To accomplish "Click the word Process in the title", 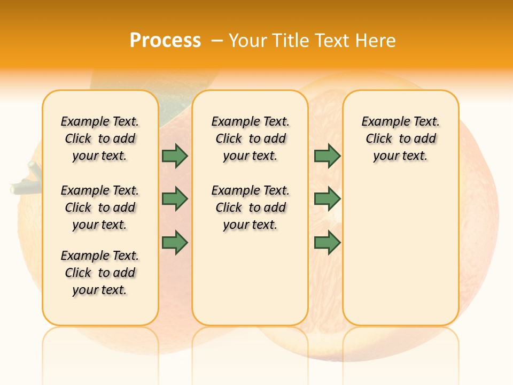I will (x=165, y=41).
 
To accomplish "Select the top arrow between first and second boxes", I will (x=175, y=156).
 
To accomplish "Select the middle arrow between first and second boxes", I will (x=175, y=199).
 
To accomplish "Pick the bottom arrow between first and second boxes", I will (x=175, y=243).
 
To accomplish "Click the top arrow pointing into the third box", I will (x=327, y=156).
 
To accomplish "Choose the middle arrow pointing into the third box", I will (x=327, y=199).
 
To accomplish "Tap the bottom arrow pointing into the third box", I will (x=327, y=243).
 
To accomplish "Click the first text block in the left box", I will (x=100, y=138).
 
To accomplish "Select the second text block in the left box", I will (x=100, y=207).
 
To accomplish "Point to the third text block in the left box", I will (x=100, y=273).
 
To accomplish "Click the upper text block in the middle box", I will (x=251, y=138).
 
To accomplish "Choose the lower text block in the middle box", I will (x=251, y=207).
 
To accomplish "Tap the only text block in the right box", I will (x=401, y=138).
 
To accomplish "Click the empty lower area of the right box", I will (x=401, y=257).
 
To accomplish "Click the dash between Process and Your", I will (x=216, y=41).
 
